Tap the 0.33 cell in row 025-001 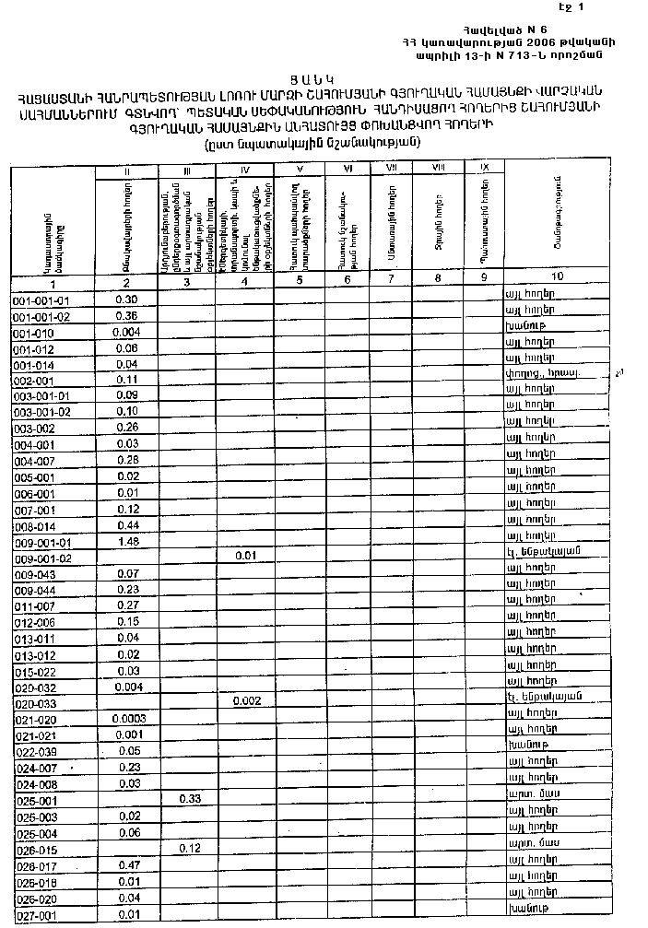[x=190, y=798]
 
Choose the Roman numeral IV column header [x=245, y=170]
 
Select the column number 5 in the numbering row [x=300, y=279]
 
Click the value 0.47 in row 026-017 [x=129, y=864]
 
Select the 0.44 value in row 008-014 [x=128, y=525]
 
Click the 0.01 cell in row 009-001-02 [x=245, y=557]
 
